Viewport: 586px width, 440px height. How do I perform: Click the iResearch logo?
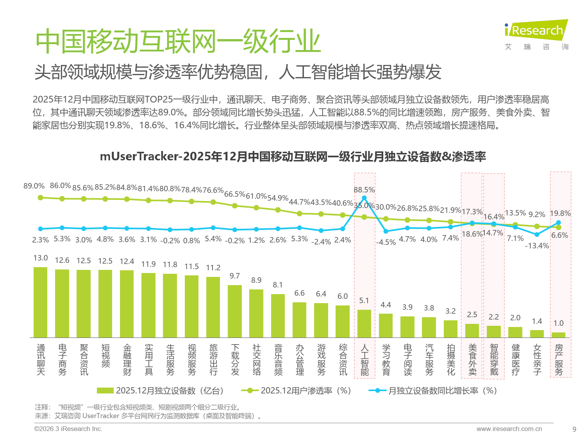tap(536, 31)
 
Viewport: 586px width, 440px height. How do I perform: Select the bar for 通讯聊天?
tap(41, 302)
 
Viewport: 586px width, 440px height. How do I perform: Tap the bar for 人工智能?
tap(364, 323)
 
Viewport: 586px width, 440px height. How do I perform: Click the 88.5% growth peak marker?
tap(364, 198)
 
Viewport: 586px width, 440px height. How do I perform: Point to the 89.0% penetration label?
tap(34, 186)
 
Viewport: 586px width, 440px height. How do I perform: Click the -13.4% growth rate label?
tap(537, 246)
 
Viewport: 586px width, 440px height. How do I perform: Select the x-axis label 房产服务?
tap(559, 360)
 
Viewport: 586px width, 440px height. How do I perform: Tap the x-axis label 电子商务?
tap(62, 360)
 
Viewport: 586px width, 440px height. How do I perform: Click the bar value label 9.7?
tap(235, 276)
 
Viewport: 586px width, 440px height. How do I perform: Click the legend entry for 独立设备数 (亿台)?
tap(161, 391)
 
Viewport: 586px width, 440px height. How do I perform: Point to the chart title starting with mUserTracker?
tap(293, 156)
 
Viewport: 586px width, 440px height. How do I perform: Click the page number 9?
tap(574, 429)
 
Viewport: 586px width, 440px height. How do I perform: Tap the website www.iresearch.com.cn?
tap(509, 429)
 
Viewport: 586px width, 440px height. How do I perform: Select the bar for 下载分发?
tap(235, 311)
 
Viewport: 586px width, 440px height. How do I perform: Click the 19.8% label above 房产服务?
tap(560, 214)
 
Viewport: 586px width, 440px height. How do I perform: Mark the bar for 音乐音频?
tap(278, 316)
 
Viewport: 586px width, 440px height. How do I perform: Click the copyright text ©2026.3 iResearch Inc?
tap(68, 429)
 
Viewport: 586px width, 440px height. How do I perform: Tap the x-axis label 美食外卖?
tap(472, 360)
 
